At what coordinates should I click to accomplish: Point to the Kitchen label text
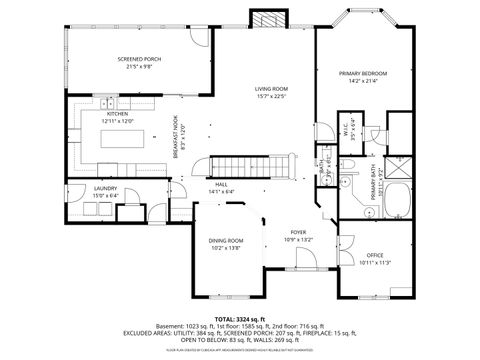(x=119, y=115)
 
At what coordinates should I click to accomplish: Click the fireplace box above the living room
(x=267, y=21)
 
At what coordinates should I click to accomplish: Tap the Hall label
(x=220, y=185)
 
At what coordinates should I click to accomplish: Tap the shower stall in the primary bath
(x=397, y=165)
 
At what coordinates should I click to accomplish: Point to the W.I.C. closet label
(x=342, y=132)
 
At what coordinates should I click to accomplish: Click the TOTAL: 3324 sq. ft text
(x=239, y=316)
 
